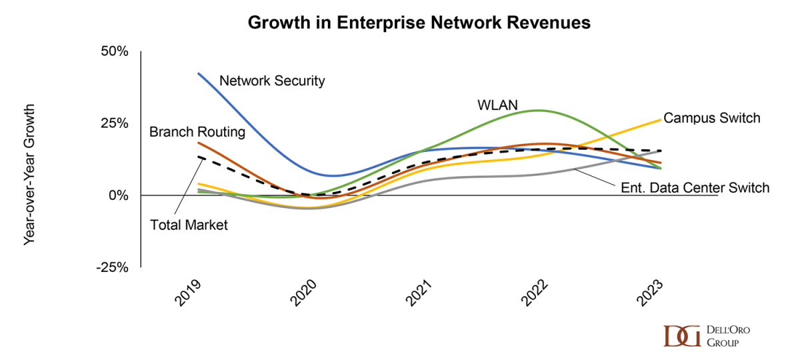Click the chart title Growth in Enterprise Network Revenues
(x=419, y=22)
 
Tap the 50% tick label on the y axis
(x=114, y=52)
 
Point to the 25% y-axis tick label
(x=114, y=123)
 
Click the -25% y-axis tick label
(x=111, y=267)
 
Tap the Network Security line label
(x=272, y=81)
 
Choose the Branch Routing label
(x=197, y=132)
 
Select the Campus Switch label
(x=711, y=118)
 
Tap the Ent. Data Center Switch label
(x=693, y=188)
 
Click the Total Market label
(x=189, y=225)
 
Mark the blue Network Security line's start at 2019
(x=199, y=73)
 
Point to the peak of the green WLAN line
(x=537, y=111)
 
